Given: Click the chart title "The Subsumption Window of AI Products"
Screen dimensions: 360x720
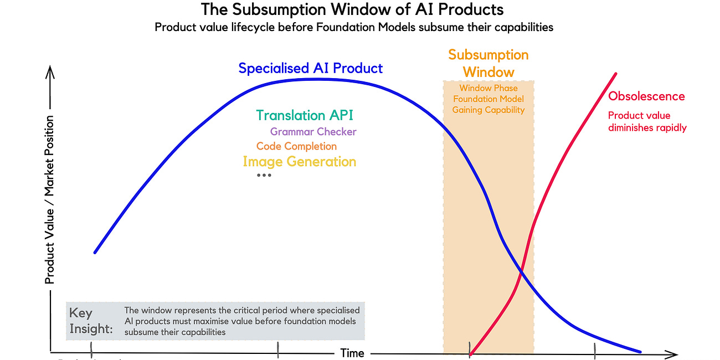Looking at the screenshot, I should [352, 9].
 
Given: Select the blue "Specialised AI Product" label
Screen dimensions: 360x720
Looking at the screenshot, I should [310, 68].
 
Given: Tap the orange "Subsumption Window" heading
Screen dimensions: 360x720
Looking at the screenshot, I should [488, 63].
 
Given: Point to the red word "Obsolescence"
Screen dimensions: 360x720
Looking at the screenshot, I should [646, 96].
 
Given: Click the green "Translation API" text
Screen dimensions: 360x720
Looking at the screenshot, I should [304, 115].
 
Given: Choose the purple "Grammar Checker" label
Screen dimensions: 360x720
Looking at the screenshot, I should [313, 132].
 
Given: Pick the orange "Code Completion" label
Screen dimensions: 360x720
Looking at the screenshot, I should [296, 146].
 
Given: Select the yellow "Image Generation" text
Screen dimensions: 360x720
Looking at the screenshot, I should [299, 162].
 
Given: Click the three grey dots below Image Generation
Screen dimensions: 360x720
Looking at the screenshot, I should [264, 176].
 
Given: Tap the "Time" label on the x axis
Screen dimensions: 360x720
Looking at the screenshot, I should [352, 353].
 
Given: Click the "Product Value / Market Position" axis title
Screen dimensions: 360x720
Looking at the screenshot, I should [50, 199].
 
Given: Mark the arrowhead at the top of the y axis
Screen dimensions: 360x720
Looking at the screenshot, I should [50, 71].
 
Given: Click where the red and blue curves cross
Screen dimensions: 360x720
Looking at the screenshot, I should [521, 271].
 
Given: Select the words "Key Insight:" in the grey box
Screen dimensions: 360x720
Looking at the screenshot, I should [91, 321].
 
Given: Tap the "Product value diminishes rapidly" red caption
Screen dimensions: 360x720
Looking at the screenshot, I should [647, 122].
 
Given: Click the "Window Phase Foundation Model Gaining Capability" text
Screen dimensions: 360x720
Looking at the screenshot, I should [488, 99].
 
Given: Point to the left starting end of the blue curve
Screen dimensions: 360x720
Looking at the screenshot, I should [95, 253].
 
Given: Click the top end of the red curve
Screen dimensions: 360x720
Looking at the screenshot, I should [615, 74].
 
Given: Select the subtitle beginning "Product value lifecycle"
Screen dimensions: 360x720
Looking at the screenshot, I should [354, 27].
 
